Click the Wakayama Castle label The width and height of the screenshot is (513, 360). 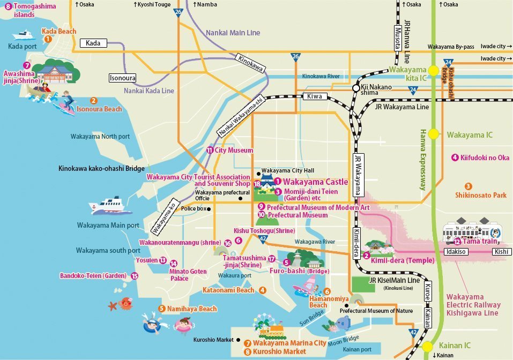point(315,182)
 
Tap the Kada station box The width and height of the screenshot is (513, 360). point(94,42)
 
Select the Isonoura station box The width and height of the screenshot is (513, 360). point(123,78)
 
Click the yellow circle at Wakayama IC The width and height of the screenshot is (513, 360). point(433,134)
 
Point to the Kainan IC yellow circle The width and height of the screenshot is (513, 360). point(427,347)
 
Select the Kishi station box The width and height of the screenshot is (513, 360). point(500,251)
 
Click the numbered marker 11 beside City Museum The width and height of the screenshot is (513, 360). point(210,151)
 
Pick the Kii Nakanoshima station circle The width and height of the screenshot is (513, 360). point(355,88)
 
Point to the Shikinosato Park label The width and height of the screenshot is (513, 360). point(481,196)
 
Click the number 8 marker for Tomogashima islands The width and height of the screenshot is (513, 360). point(8,6)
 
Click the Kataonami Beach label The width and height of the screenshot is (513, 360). point(228,290)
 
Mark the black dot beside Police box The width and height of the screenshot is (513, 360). point(208,209)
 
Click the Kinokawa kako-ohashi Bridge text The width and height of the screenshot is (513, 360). point(101,168)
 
